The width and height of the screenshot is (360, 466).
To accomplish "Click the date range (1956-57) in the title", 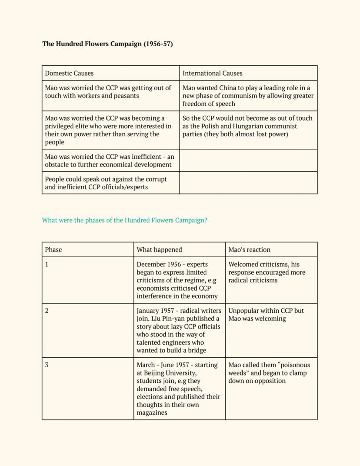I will (x=158, y=44).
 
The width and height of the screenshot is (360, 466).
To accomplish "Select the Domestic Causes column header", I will (x=69, y=73).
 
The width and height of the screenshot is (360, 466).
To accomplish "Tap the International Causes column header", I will (x=212, y=73).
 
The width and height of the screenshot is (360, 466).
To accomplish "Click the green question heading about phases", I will (x=124, y=220).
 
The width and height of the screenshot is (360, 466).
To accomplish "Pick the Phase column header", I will (x=53, y=250).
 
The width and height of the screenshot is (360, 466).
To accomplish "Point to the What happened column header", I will (x=159, y=250).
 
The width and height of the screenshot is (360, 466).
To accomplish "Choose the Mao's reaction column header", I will (x=249, y=250).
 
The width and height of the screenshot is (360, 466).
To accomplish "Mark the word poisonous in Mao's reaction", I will (x=293, y=365).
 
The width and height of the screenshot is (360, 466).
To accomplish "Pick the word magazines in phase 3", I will (x=152, y=412).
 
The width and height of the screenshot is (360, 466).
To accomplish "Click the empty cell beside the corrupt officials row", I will (x=248, y=183).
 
